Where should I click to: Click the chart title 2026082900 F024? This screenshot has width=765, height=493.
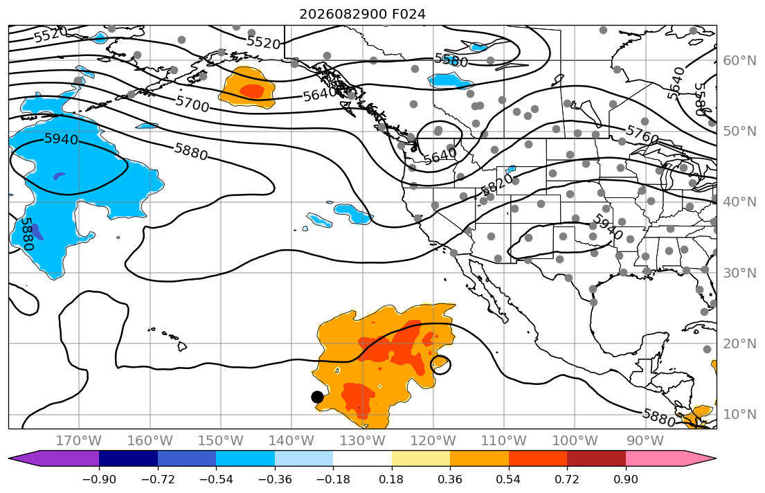[362, 14]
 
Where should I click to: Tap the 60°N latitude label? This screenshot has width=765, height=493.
[739, 60]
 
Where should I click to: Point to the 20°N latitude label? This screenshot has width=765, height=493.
[739, 343]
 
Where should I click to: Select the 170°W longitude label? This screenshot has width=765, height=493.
[79, 441]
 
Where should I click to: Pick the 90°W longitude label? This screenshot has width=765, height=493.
[645, 441]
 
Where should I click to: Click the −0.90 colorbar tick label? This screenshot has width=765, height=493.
[99, 479]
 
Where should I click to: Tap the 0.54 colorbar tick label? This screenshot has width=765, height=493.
[508, 479]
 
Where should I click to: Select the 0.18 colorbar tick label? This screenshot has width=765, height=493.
[391, 479]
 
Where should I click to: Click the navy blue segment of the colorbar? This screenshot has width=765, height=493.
[128, 458]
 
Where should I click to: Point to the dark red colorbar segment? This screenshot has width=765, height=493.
[596, 458]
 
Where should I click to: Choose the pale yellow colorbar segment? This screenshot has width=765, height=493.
[420, 458]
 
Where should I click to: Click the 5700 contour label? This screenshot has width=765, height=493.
[192, 103]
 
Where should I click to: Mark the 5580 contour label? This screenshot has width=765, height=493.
[451, 60]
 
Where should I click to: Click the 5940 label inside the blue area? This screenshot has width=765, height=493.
[61, 139]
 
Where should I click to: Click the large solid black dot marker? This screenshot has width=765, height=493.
[317, 397]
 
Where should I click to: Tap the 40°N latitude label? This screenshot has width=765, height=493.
[739, 202]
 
